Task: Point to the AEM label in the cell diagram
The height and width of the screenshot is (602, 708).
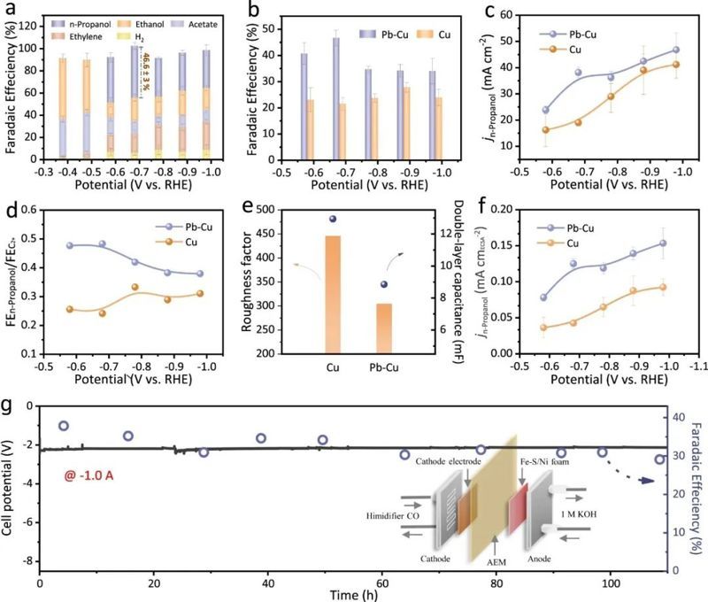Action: (496, 562)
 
